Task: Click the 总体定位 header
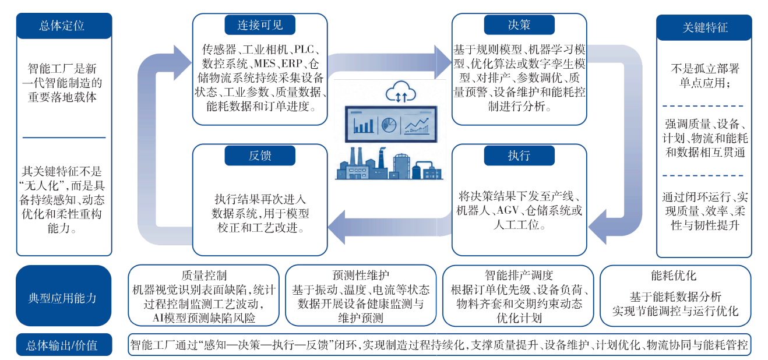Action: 64,26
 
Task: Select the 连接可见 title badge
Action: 260,24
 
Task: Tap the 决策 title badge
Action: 519,24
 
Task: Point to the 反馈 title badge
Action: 260,156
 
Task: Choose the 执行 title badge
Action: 519,156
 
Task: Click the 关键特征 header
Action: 704,27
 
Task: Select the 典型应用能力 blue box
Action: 64,295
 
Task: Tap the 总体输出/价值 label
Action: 64,345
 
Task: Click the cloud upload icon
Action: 401,92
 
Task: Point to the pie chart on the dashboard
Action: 389,125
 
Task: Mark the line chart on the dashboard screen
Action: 417,125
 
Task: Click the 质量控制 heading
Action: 204,276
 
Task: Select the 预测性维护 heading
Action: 361,276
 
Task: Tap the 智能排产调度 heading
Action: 519,276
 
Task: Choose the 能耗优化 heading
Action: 674,276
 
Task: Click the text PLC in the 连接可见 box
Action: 304,50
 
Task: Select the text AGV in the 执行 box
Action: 508,210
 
